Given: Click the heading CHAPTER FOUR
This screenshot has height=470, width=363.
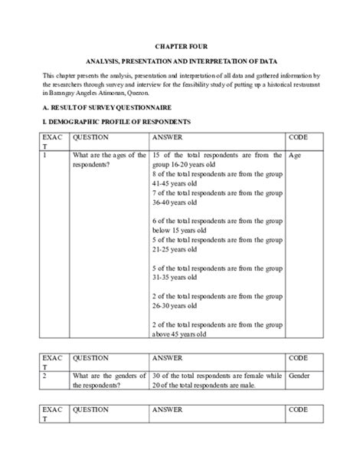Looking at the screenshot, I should coord(181,46).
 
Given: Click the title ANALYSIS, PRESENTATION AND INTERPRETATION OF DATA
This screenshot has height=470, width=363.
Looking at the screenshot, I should coord(181,60).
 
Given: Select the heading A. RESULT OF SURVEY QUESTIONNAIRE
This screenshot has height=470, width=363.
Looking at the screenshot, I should coord(106,108).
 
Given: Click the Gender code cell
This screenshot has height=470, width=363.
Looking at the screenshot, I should coord(300,376).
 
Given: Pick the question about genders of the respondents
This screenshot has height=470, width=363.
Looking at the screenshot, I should coord(109,380).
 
